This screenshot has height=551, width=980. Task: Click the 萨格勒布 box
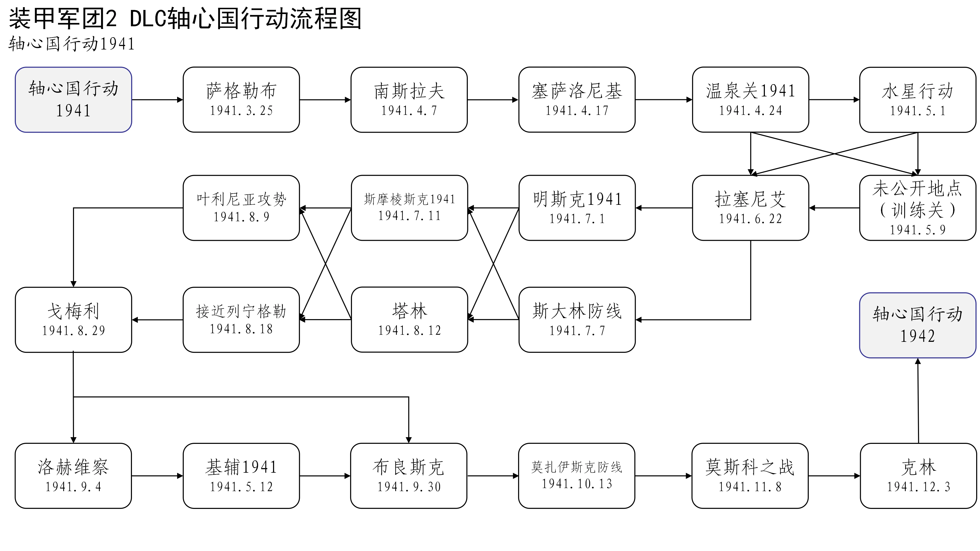click(241, 100)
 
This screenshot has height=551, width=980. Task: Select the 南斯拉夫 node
click(409, 100)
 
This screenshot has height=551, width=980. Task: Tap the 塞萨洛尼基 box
click(577, 100)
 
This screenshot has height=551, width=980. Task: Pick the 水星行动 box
click(918, 100)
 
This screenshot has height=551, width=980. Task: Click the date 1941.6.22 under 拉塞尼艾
click(750, 219)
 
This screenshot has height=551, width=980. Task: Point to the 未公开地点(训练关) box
click(918, 208)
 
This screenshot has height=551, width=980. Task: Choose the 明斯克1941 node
click(577, 208)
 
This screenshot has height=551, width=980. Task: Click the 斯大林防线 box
click(577, 319)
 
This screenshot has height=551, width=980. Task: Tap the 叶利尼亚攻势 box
click(241, 208)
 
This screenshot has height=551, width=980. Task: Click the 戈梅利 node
click(73, 319)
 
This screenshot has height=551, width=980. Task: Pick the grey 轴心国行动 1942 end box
click(918, 325)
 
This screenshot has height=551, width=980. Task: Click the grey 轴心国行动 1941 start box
click(73, 100)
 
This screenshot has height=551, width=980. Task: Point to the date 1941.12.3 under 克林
click(918, 487)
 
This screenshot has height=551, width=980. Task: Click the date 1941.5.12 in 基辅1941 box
click(241, 487)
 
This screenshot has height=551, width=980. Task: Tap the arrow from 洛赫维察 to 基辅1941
click(157, 476)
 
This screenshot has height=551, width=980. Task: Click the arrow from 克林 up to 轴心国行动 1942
click(918, 401)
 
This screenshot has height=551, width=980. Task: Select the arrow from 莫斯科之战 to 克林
click(834, 476)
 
